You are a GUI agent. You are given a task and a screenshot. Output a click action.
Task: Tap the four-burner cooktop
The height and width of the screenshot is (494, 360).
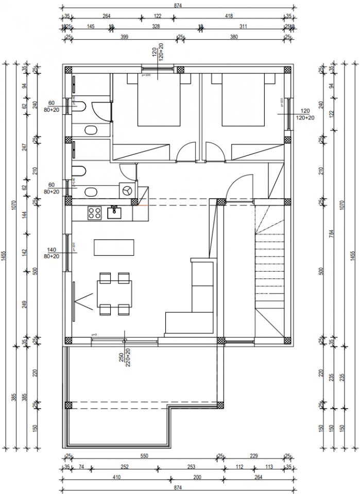pyautogui.click(x=94, y=213)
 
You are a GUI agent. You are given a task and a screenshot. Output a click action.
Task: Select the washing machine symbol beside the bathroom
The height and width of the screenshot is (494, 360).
pyautogui.click(x=126, y=190)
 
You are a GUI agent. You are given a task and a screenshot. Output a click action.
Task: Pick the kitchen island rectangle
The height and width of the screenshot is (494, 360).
pyautogui.click(x=114, y=248)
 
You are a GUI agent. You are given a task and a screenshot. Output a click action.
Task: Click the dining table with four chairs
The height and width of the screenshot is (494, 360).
pyautogui.click(x=114, y=294)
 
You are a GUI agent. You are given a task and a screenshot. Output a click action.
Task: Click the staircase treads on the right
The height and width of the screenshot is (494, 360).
pyautogui.click(x=269, y=268)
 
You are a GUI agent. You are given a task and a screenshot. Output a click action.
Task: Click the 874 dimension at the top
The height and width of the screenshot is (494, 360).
pyautogui.click(x=178, y=6)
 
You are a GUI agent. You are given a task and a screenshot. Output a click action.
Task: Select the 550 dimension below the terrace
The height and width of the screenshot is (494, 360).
pyautogui.click(x=144, y=456)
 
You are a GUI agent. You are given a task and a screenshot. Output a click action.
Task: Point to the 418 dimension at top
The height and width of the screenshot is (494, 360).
pyautogui.click(x=229, y=16)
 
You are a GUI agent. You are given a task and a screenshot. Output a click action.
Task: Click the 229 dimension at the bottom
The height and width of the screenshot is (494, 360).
pyautogui.click(x=253, y=456)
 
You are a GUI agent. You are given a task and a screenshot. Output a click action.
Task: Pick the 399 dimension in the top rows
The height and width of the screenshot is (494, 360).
pyautogui.click(x=124, y=37)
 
